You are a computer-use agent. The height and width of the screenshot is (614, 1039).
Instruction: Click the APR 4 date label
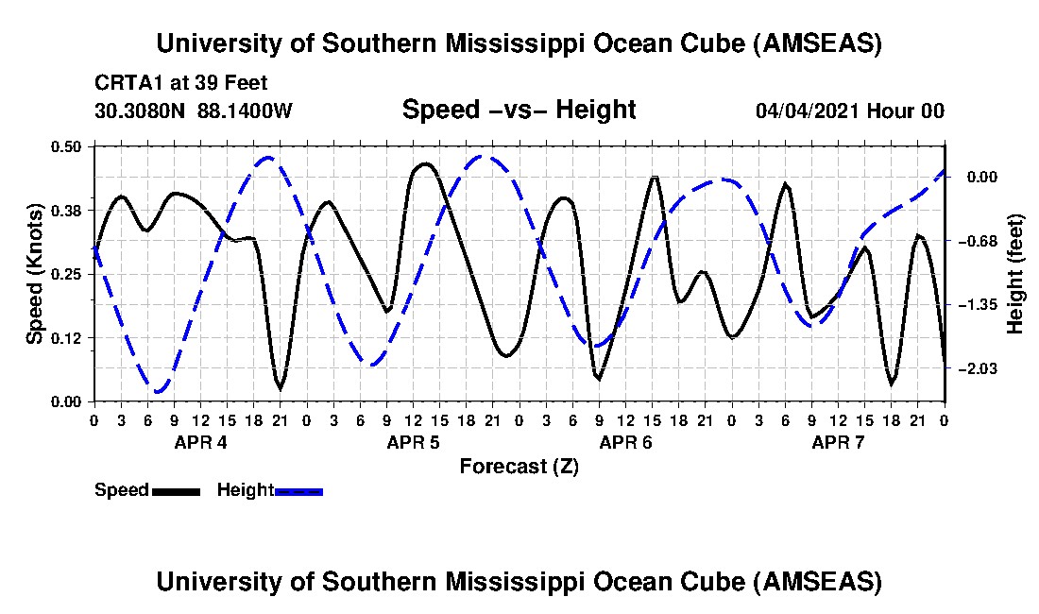(x=200, y=442)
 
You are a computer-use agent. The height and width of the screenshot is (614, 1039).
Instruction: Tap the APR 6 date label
(x=625, y=442)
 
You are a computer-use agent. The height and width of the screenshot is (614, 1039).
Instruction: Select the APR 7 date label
(x=839, y=442)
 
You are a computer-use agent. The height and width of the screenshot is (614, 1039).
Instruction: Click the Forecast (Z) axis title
(x=519, y=466)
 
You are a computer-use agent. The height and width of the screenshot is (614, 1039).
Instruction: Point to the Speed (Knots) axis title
(x=35, y=274)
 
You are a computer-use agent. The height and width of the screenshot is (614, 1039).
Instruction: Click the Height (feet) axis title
(x=1015, y=274)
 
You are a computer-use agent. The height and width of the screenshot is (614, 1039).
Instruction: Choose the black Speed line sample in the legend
(x=175, y=491)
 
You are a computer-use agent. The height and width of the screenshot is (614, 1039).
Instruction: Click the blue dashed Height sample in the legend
(x=298, y=491)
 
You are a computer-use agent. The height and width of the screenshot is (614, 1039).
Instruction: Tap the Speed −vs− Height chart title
(x=519, y=110)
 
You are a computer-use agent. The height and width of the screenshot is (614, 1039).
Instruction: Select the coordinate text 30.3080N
(x=142, y=111)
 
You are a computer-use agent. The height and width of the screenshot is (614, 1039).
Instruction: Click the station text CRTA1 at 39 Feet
(x=181, y=83)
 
